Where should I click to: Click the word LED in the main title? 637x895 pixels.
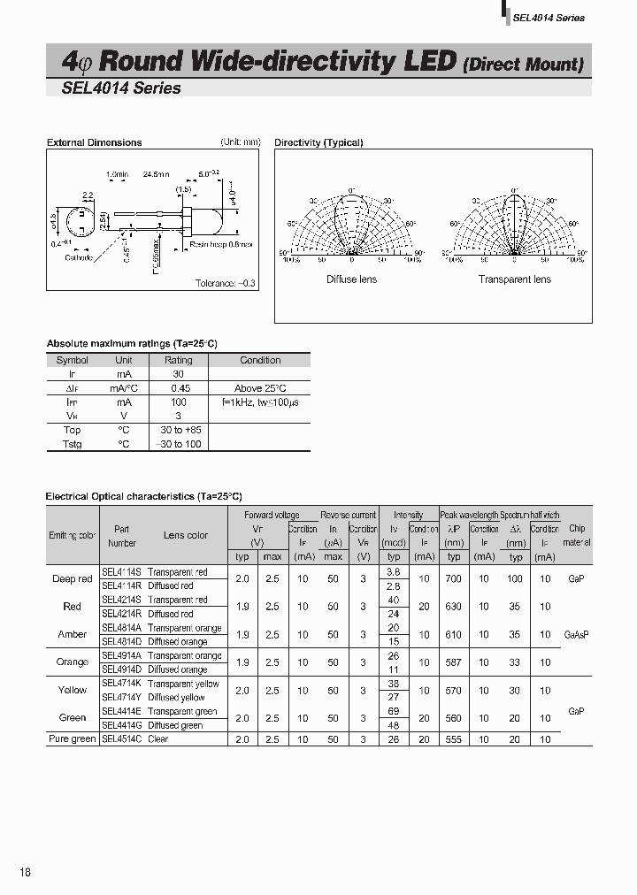pyautogui.click(x=431, y=61)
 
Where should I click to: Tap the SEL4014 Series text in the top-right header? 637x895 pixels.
pyautogui.click(x=549, y=18)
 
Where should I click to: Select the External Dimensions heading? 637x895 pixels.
pyautogui.click(x=94, y=142)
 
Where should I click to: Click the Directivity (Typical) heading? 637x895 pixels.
pyautogui.click(x=318, y=142)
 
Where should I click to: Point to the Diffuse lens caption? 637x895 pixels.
pyautogui.click(x=351, y=279)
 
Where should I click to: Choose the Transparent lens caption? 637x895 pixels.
pyautogui.click(x=514, y=279)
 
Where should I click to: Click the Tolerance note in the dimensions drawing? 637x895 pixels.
pyautogui.click(x=226, y=283)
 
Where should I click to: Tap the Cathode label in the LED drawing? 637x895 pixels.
pyautogui.click(x=78, y=257)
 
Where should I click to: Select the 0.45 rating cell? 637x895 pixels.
pyautogui.click(x=179, y=388)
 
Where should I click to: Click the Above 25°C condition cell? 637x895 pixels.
pyautogui.click(x=260, y=388)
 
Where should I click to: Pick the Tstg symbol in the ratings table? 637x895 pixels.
pyautogui.click(x=73, y=444)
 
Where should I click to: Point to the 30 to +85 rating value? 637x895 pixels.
pyautogui.click(x=179, y=430)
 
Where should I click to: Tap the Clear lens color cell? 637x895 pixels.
pyautogui.click(x=158, y=738)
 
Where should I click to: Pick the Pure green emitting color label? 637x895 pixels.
pyautogui.click(x=73, y=738)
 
